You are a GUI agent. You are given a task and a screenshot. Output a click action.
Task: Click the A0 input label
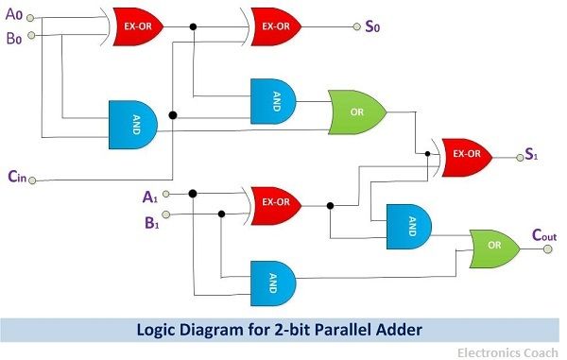pos(13,15)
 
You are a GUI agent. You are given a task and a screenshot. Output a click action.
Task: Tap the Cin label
pos(18,175)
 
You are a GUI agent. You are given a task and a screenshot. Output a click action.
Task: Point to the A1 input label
pos(149,196)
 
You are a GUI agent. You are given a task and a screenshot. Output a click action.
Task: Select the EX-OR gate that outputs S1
pos(464,153)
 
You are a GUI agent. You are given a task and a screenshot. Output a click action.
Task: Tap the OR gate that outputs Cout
pos(493,249)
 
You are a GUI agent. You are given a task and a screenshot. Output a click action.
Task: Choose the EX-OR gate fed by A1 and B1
pos(275,202)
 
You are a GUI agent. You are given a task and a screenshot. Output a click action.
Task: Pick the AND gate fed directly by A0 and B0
pos(133,123)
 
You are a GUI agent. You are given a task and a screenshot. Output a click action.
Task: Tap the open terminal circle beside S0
pos(354,26)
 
